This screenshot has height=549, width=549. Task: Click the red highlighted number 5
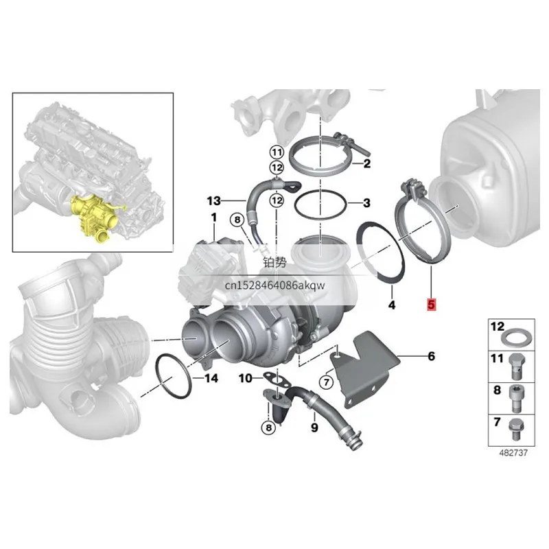(431, 304)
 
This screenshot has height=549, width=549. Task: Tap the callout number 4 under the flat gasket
(392, 305)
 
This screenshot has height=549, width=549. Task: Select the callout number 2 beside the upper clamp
(366, 163)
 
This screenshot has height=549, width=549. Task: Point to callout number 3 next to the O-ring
(366, 202)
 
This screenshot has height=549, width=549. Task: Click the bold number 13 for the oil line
(213, 201)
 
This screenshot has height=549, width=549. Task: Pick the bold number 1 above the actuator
(214, 218)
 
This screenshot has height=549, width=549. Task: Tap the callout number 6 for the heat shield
(431, 356)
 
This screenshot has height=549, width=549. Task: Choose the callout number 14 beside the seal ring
(211, 378)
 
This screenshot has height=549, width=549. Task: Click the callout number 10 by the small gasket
(246, 378)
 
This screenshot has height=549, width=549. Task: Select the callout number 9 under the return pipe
(314, 427)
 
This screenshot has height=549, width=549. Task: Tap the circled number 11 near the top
(277, 152)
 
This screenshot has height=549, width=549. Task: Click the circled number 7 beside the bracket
(327, 382)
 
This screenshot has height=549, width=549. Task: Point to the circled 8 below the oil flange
(268, 428)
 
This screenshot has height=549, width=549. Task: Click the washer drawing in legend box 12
(518, 337)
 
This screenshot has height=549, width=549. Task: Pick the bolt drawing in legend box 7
(515, 430)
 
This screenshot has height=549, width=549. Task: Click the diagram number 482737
(513, 453)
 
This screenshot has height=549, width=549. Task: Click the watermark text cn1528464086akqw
(274, 285)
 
